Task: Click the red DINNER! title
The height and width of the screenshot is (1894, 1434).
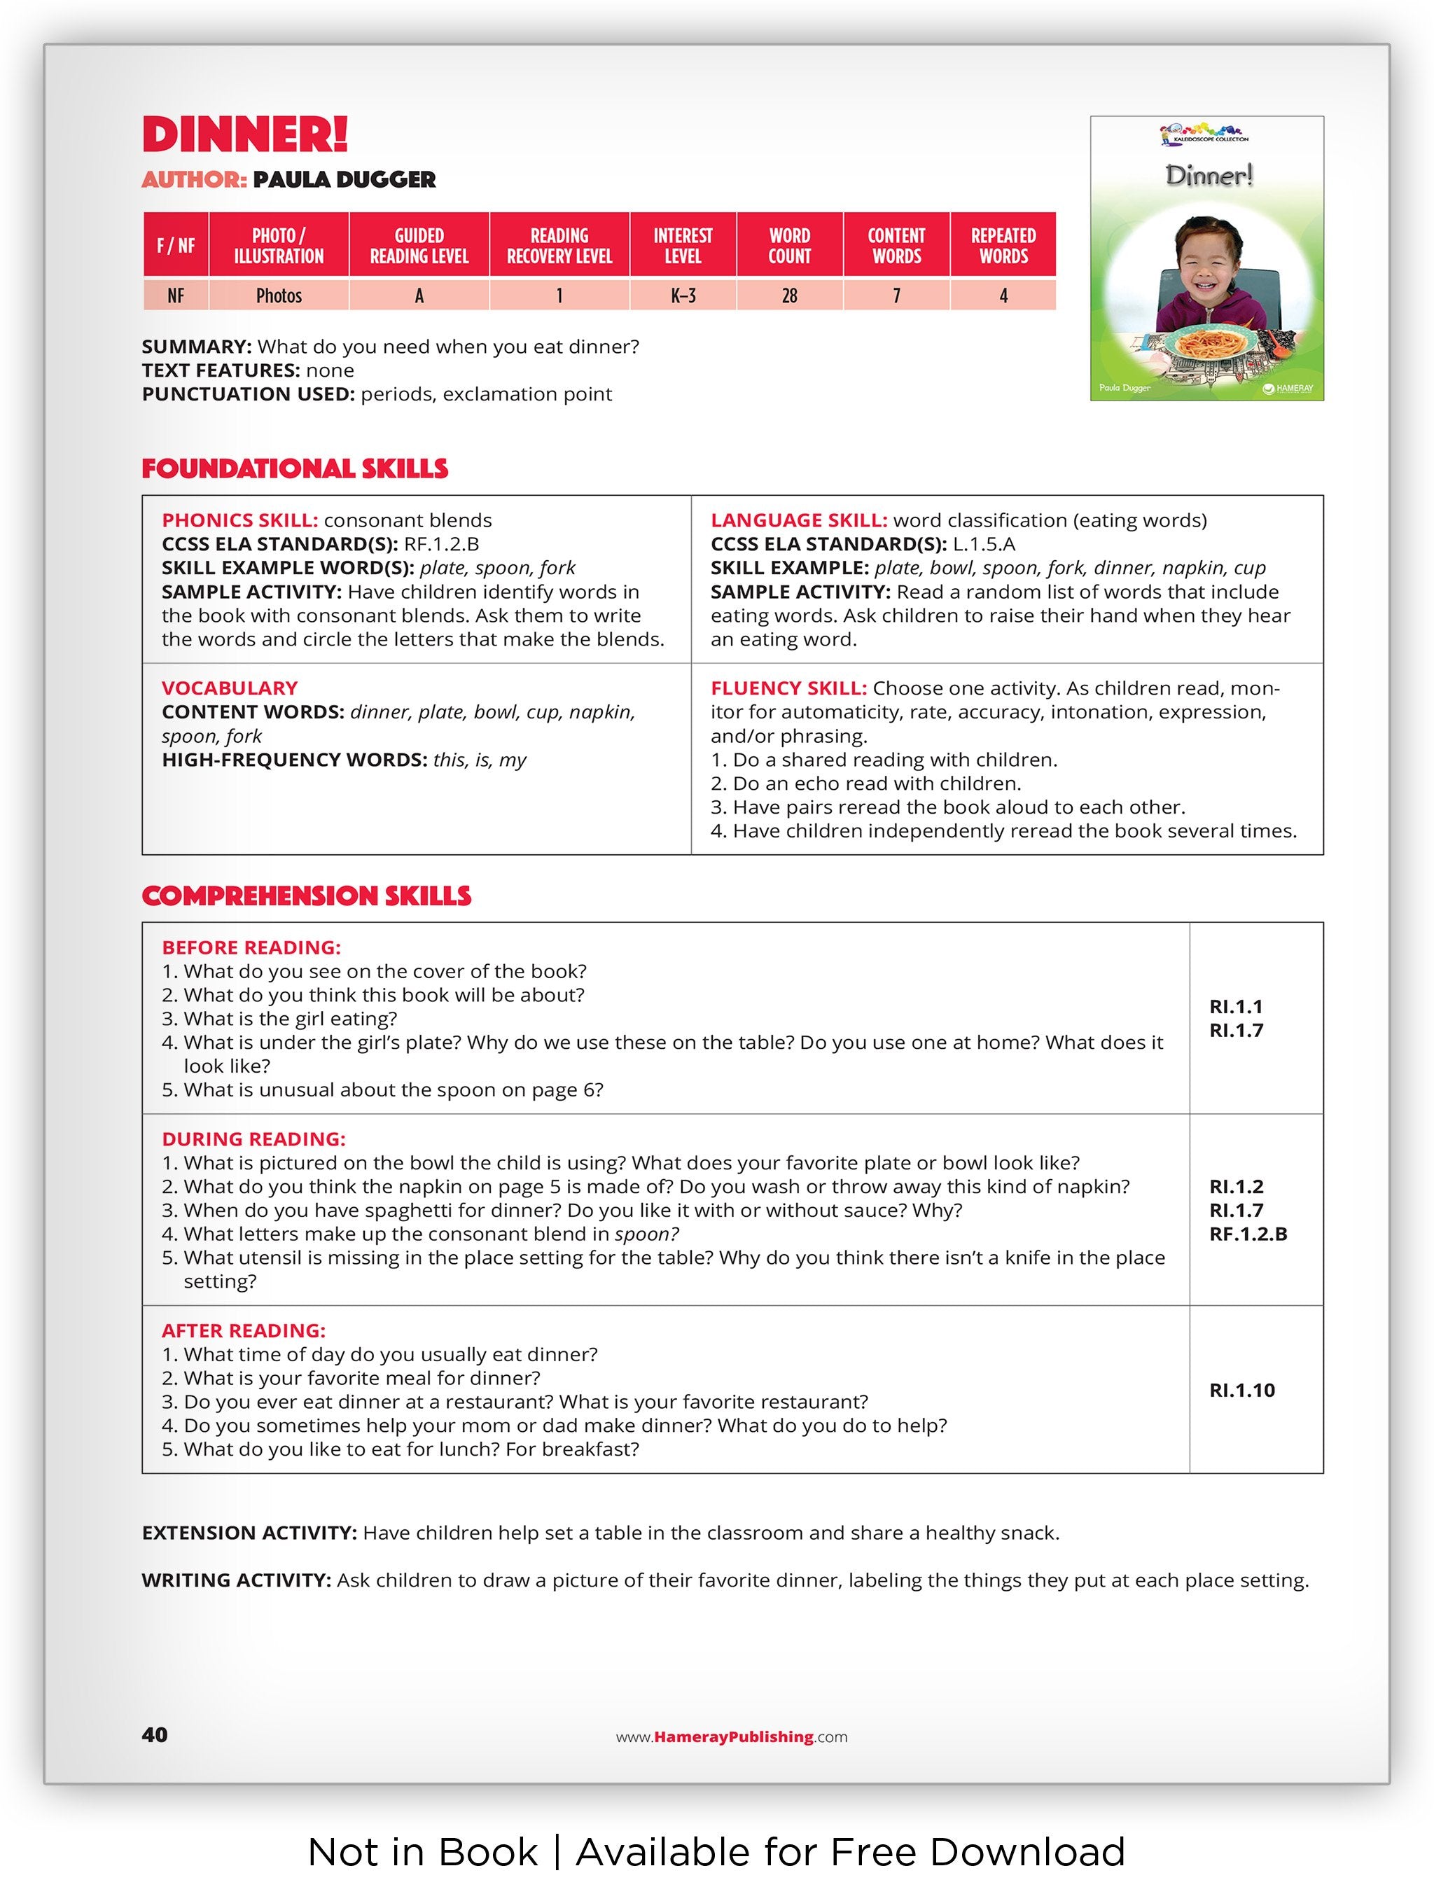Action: [245, 134]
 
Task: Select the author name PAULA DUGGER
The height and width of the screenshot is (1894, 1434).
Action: [344, 180]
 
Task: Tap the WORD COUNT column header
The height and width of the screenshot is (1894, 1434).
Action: [788, 246]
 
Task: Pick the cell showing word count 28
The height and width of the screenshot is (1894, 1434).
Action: [788, 295]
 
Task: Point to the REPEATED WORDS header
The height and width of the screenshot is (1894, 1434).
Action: [1003, 246]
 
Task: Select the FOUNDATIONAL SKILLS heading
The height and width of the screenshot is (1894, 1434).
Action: [295, 468]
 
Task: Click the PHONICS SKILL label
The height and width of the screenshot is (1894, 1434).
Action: [239, 521]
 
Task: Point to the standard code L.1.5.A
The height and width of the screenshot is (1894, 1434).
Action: [984, 545]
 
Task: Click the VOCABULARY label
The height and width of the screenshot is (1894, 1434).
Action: [230, 688]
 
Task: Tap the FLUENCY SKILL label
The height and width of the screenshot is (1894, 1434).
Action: [788, 688]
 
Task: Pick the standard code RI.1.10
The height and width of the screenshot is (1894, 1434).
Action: [1241, 1391]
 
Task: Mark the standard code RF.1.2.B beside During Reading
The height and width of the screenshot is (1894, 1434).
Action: [1247, 1234]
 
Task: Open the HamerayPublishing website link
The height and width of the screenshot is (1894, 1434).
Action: [732, 1737]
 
